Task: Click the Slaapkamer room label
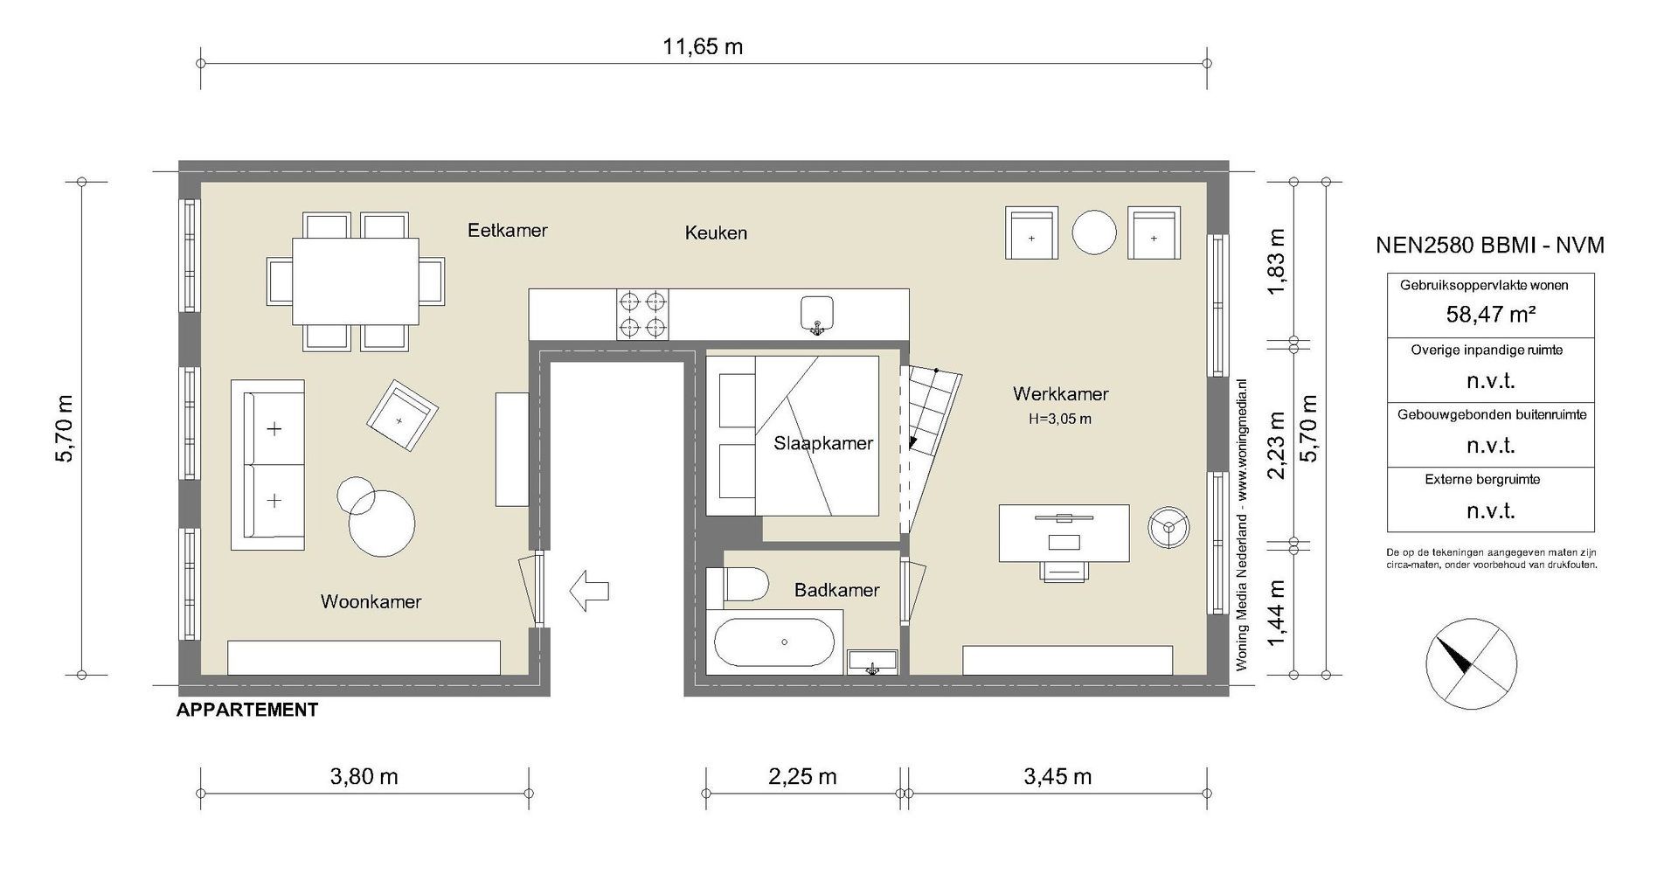(x=822, y=443)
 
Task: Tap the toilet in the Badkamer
(x=738, y=585)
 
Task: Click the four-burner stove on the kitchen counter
(x=643, y=315)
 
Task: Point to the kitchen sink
(x=817, y=314)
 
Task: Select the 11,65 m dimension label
(x=703, y=46)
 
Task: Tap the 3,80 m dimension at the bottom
(x=364, y=776)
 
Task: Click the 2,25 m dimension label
(x=801, y=776)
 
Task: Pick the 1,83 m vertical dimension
(x=1277, y=261)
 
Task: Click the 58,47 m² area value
(x=1491, y=314)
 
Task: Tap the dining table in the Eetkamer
(x=355, y=281)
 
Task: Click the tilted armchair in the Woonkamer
(x=402, y=417)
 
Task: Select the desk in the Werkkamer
(x=1064, y=532)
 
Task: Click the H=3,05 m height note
(x=1059, y=419)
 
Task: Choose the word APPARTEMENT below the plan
(x=247, y=710)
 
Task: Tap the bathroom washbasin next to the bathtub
(x=872, y=662)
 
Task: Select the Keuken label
(x=716, y=232)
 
